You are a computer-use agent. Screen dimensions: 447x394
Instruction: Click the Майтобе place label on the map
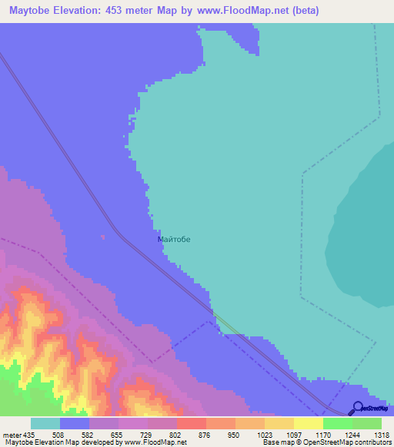[x=173, y=239]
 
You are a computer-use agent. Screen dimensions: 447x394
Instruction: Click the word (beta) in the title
[x=302, y=11]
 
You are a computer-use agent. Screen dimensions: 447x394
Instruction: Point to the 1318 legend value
[x=382, y=434]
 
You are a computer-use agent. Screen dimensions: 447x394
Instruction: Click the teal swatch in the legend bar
[x=45, y=423]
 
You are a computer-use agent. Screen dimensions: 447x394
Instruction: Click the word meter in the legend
[x=11, y=434]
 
